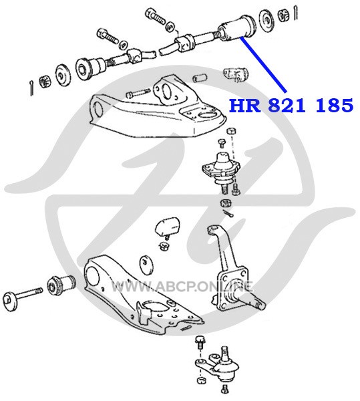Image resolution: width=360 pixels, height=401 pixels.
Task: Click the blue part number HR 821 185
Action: click(291, 106)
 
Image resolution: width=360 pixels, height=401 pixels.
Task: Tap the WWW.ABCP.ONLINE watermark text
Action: click(182, 287)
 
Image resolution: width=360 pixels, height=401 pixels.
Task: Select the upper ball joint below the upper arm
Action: click(221, 170)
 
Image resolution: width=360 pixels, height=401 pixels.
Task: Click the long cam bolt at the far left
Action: click(23, 297)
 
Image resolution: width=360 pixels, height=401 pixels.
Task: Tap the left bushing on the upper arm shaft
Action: click(90, 68)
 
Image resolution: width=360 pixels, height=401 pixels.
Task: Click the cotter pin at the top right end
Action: click(295, 13)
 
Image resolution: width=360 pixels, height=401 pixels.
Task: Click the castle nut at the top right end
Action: click(283, 15)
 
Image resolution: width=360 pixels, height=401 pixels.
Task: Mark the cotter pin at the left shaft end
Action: click(31, 88)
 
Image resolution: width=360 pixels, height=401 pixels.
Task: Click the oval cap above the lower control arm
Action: click(147, 264)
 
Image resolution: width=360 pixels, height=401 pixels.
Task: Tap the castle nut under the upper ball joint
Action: click(226, 203)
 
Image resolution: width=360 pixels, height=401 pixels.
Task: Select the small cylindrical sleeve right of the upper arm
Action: click(200, 78)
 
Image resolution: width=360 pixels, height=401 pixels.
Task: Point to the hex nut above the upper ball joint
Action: click(231, 132)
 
